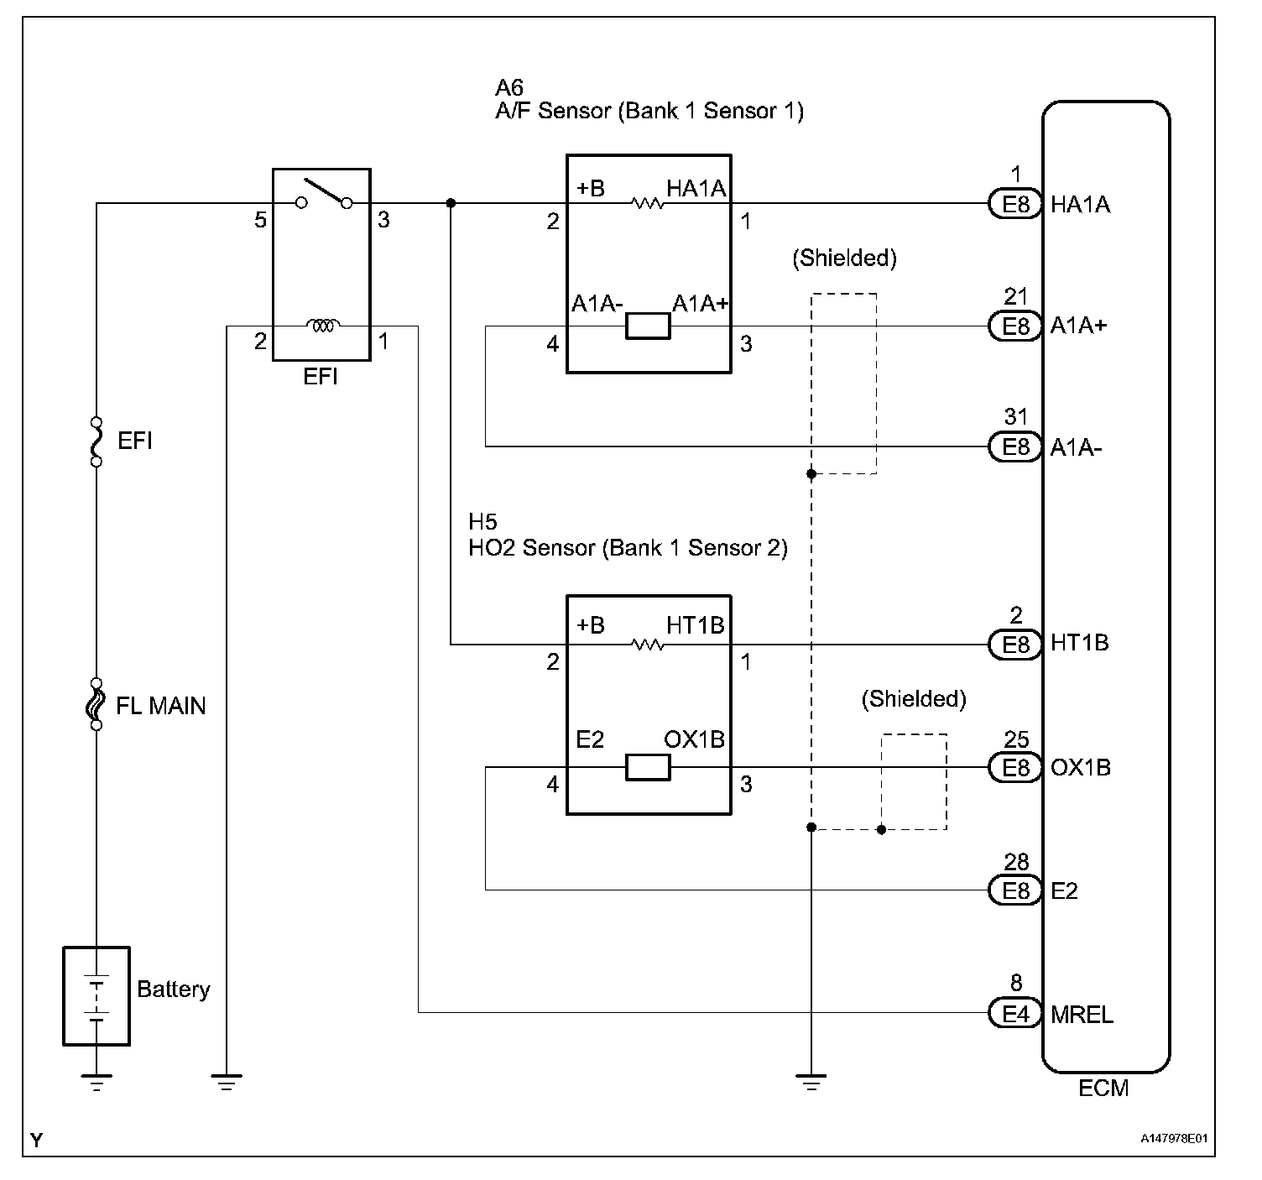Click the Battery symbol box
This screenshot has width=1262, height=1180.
pyautogui.click(x=96, y=995)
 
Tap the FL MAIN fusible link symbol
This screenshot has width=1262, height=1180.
pyautogui.click(x=96, y=704)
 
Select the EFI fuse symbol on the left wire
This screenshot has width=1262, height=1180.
pyautogui.click(x=96, y=441)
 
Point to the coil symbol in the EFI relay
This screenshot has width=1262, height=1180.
pyautogui.click(x=322, y=326)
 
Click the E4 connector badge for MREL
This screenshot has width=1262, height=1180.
pyautogui.click(x=1015, y=1013)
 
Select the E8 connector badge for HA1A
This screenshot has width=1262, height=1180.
pyautogui.click(x=1015, y=204)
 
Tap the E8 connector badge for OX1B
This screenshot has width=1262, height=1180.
pyautogui.click(x=1015, y=768)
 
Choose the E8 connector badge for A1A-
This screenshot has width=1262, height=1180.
pyautogui.click(x=1015, y=446)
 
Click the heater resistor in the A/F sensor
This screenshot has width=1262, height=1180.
pyautogui.click(x=647, y=203)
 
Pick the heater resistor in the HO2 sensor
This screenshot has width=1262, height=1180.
pyautogui.click(x=647, y=645)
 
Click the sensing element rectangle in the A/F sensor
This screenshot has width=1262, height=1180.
pyautogui.click(x=648, y=326)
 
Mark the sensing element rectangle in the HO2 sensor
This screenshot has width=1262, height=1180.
pyautogui.click(x=648, y=768)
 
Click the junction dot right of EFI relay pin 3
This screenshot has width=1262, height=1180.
pyautogui.click(x=451, y=203)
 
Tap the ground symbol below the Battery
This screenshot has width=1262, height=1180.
pyautogui.click(x=97, y=1083)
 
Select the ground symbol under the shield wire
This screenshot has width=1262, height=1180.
pyautogui.click(x=811, y=1083)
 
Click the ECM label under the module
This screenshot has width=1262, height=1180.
pyautogui.click(x=1103, y=1089)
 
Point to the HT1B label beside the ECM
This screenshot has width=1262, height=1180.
pyautogui.click(x=1079, y=643)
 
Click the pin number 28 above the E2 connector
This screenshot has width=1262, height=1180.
pyautogui.click(x=1015, y=863)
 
